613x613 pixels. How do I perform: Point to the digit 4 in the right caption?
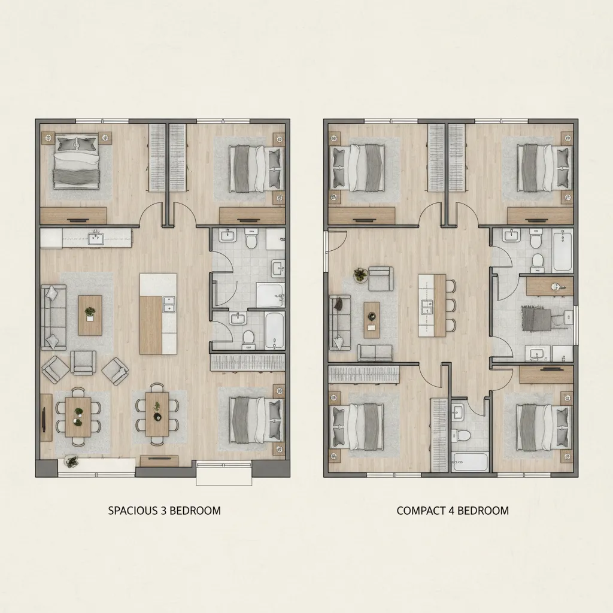point(457,511)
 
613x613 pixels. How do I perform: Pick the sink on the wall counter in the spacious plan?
point(95,238)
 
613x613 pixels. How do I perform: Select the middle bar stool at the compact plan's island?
point(450,305)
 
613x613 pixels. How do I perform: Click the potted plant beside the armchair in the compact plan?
point(360,275)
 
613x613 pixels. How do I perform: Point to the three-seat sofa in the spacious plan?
point(52,317)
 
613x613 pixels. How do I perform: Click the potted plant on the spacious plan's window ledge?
point(72,461)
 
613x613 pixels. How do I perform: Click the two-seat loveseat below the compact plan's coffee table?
point(375,353)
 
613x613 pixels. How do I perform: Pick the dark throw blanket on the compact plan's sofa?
point(339,304)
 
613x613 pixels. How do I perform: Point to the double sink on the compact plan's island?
point(429,307)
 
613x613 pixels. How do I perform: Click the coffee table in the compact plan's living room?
point(372,320)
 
